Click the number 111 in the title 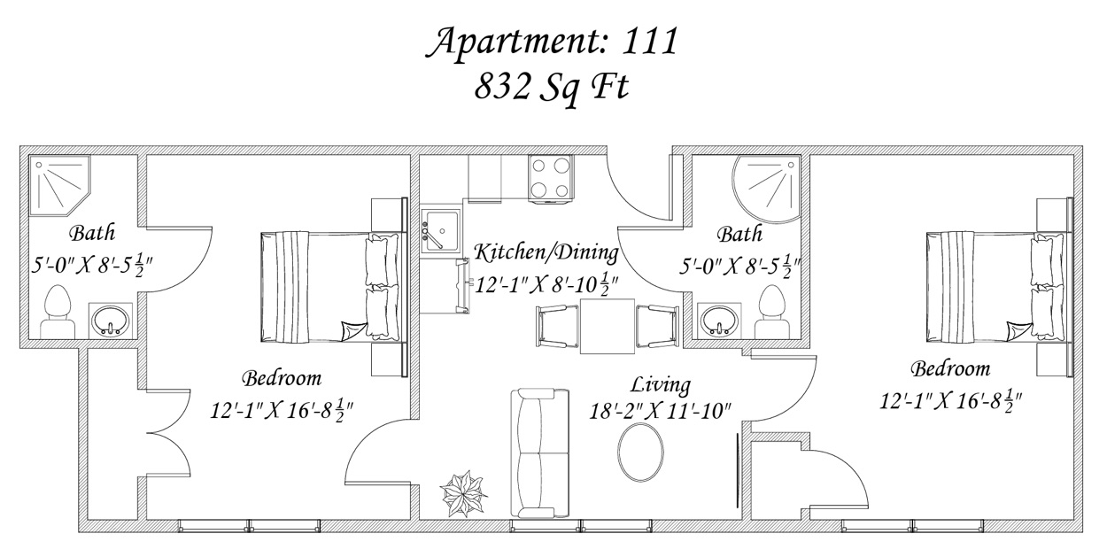pos(648,42)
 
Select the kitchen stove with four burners pos(551,178)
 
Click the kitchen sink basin pos(441,231)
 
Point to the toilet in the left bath pos(58,312)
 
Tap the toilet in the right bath pos(772,312)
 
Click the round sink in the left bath pos(110,321)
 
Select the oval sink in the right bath pos(719,321)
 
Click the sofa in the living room pos(539,453)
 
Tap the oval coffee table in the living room pos(640,452)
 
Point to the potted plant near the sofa pos(463,493)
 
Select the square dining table pos(608,326)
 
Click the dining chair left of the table pos(557,326)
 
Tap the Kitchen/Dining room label pos(546,252)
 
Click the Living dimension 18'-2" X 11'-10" pos(660,411)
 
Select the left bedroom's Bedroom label pos(282,379)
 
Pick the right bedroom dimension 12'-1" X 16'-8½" pos(951,400)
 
